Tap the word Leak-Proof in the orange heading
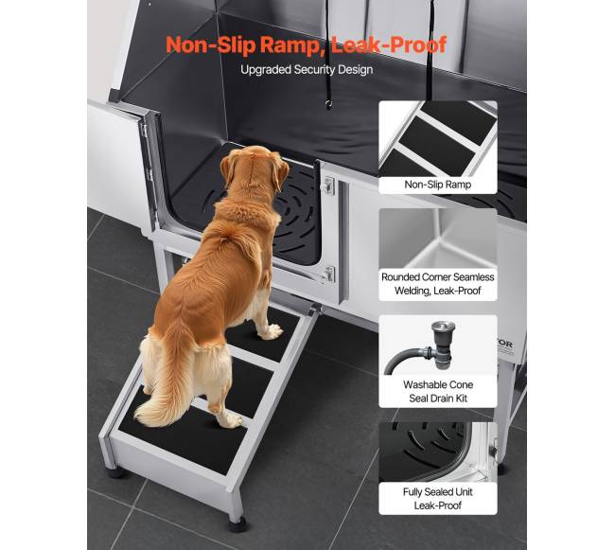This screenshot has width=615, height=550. [389, 44]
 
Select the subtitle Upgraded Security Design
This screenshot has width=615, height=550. [307, 70]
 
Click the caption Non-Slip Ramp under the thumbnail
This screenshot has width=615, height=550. [438, 185]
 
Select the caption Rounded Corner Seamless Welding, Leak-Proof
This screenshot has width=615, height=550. [438, 284]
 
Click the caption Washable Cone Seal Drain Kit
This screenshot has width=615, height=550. [438, 392]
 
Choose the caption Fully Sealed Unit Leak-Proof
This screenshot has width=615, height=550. [438, 499]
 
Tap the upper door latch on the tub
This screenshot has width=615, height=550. [329, 186]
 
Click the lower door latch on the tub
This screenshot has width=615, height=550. [328, 274]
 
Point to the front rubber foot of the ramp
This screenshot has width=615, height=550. [237, 524]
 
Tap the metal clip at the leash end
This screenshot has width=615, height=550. [328, 104]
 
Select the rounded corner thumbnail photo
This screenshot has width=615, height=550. [438, 239]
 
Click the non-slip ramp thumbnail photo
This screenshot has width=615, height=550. [438, 139]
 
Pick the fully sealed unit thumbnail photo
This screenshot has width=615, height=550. [438, 452]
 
